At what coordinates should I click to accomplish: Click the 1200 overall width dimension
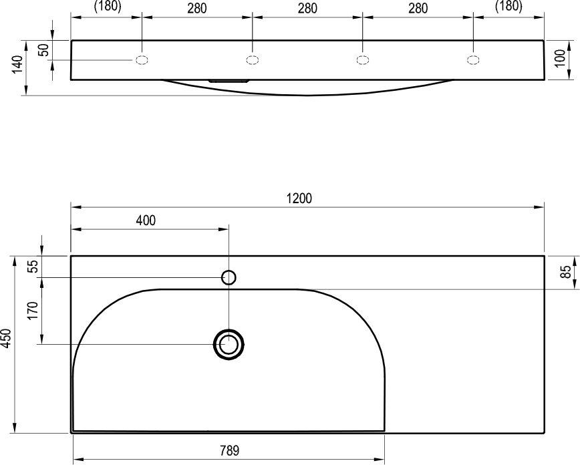(x=299, y=198)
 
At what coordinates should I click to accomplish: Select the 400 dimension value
(x=146, y=220)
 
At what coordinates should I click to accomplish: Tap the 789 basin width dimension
(x=229, y=450)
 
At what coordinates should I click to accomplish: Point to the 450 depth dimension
(x=6, y=338)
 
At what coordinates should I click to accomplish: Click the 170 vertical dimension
(x=33, y=311)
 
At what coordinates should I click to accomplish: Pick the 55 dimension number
(x=33, y=267)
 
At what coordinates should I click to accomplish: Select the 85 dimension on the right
(x=565, y=273)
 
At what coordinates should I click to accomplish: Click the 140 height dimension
(x=17, y=64)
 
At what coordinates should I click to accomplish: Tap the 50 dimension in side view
(x=43, y=50)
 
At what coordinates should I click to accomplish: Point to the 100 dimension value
(x=561, y=58)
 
